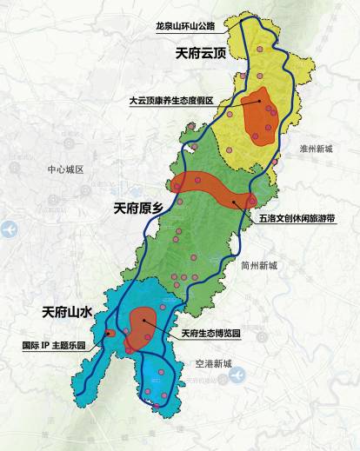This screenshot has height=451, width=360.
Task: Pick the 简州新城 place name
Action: click(260, 266)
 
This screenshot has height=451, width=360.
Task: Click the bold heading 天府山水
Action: click(68, 310)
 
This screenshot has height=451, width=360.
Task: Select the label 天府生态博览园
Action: click(211, 334)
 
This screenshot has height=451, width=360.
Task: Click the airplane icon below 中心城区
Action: click(10, 230)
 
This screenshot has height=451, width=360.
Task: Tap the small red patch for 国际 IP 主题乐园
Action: click(109, 334)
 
